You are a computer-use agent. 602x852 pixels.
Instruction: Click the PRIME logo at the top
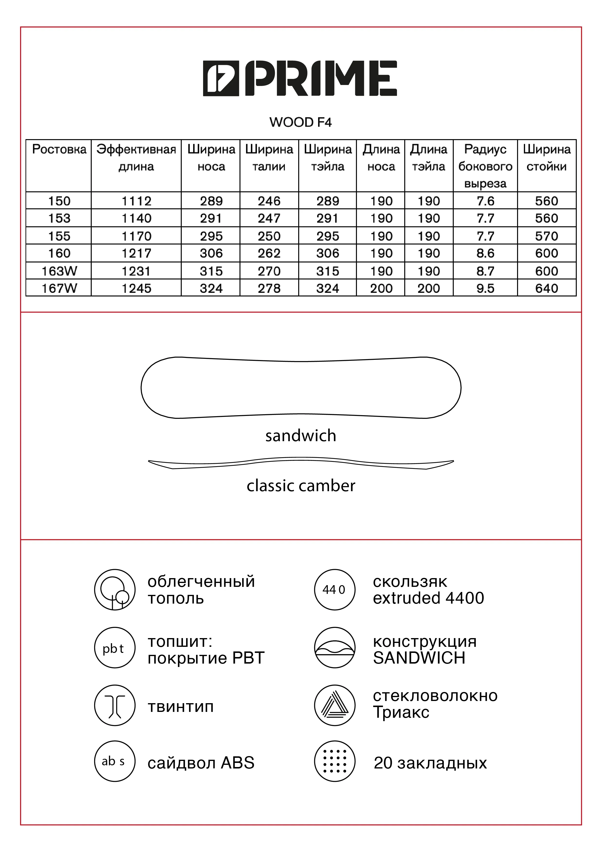tap(300, 78)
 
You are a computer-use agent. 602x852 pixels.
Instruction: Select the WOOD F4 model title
tap(300, 122)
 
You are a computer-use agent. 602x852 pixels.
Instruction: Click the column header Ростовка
tap(59, 150)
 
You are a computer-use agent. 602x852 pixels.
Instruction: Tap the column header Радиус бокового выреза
tap(485, 166)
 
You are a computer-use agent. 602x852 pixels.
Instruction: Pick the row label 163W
tap(59, 271)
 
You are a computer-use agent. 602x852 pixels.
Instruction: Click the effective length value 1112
tap(137, 201)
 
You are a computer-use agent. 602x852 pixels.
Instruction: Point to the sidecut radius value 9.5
tap(485, 288)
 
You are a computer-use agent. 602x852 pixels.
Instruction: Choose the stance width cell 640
tap(546, 288)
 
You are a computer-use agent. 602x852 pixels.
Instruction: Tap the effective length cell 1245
tap(137, 288)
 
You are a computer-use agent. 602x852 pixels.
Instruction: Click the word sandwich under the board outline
tap(300, 436)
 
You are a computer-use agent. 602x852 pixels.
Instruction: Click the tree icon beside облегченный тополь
tap(115, 590)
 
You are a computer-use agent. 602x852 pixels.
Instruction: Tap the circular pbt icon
tap(115, 648)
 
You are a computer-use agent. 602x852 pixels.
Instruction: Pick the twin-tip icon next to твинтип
tap(115, 705)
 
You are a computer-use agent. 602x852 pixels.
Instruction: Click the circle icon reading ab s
tap(115, 761)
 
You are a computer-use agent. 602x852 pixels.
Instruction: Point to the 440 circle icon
tap(335, 590)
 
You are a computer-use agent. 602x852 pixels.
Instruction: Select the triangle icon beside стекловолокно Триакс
tap(335, 705)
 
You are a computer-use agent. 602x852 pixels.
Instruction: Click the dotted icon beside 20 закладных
tap(335, 761)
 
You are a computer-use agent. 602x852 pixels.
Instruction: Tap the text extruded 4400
tap(429, 598)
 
